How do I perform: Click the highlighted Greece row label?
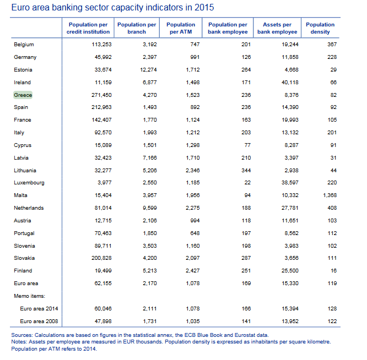click(23, 95)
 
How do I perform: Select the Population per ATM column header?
click(181, 28)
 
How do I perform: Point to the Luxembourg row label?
click(29, 183)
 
